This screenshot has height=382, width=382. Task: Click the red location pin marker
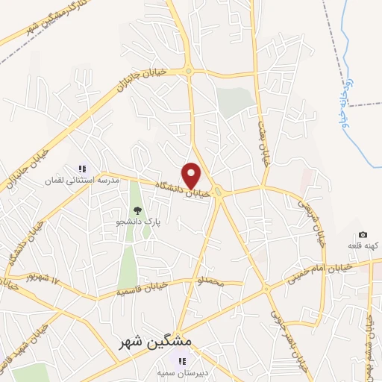coord(192,176)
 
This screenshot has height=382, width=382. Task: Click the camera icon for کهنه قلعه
coord(363,235)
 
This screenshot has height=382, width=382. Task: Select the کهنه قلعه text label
coord(364,246)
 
